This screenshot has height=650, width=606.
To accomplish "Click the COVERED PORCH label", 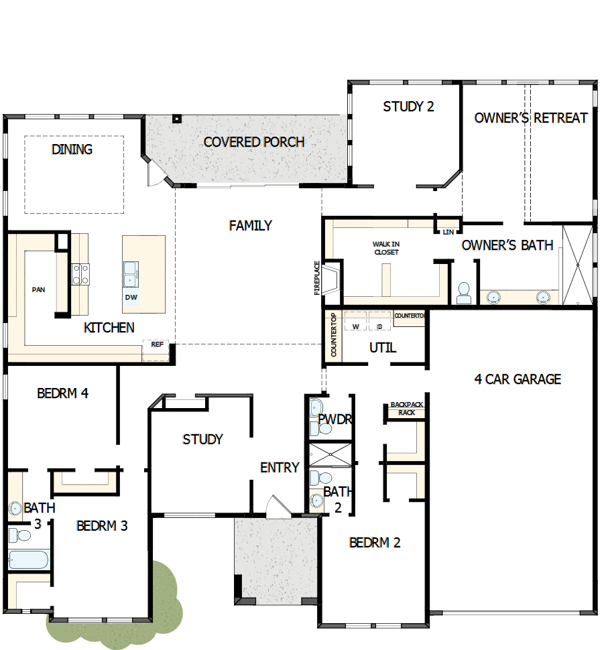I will [x=253, y=142].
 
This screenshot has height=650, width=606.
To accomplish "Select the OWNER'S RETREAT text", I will [x=531, y=118].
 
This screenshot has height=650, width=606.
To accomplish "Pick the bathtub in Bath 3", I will [x=29, y=559].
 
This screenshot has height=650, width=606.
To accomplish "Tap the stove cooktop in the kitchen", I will [x=80, y=274].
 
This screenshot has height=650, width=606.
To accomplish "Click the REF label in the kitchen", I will [x=157, y=344].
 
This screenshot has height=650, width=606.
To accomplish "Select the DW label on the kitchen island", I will [x=131, y=297].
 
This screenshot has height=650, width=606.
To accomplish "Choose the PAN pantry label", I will [x=38, y=290].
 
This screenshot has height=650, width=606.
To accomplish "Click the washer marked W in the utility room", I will [x=356, y=326].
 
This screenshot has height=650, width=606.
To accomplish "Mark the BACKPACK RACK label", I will [x=407, y=409].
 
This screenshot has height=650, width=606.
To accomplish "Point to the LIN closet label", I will [x=448, y=232].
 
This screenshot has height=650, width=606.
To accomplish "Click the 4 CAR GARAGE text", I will [x=518, y=379].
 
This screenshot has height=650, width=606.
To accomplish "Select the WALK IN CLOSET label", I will [x=385, y=248].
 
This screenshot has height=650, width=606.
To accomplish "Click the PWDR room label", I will [x=335, y=419].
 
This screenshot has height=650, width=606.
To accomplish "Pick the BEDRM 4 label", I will [x=62, y=393].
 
